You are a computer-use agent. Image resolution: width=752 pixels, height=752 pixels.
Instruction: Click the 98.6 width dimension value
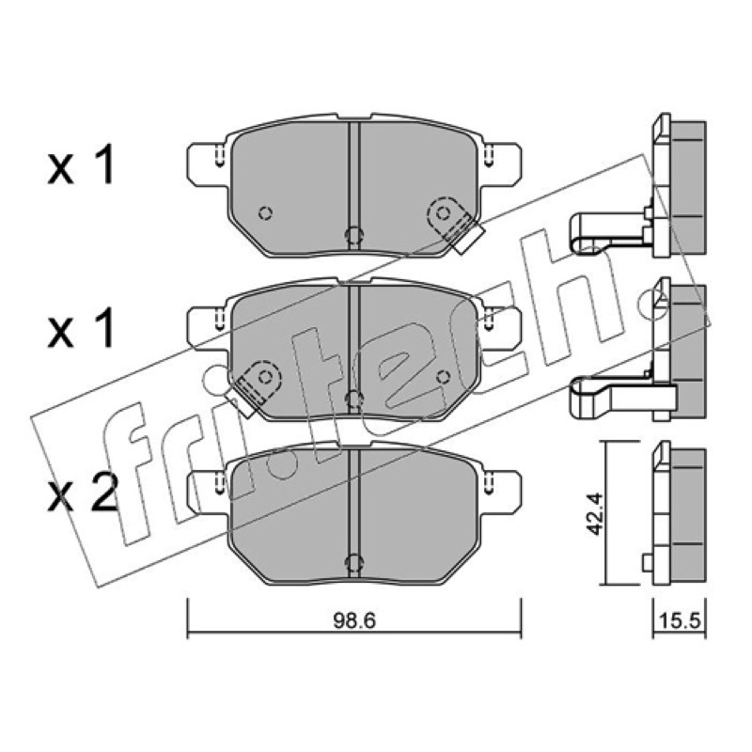tap(354, 620)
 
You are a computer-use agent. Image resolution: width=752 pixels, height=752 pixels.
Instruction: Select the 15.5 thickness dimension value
tap(680, 620)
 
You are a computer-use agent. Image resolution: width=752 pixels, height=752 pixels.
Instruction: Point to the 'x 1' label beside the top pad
tap(81, 165)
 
